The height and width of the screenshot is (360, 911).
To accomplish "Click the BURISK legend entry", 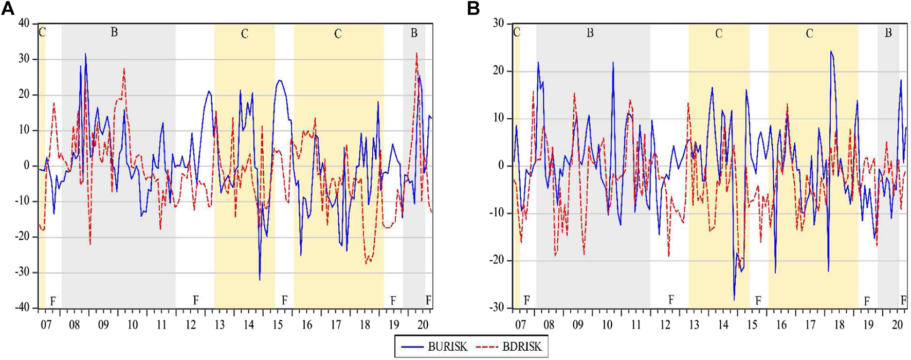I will pos(432,347).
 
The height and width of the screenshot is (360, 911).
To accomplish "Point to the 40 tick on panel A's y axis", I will pos(24,24).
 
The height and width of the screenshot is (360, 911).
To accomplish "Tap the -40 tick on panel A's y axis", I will pos(22,308).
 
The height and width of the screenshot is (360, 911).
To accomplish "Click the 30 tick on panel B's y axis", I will pos(498,24).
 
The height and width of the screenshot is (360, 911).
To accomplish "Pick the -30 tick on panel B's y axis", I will pos(496,308).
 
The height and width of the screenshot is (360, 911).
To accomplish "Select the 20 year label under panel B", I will pos(898,325).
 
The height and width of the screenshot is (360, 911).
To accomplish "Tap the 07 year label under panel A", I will pos(46,325).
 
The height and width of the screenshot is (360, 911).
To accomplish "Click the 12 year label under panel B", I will pos(665,325).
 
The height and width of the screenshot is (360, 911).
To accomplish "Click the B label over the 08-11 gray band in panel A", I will pos(114,33).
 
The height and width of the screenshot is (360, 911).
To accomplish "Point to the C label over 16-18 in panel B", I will pos(810,34).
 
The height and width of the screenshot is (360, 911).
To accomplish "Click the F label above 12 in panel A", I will pos(195,300).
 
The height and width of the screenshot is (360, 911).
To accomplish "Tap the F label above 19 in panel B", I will pos(867,301).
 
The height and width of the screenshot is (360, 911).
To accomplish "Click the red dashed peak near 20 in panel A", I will pos(416,53).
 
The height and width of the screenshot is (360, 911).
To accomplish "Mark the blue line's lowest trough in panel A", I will pos(260,280).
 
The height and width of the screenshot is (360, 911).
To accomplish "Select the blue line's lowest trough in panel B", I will pos(734,300).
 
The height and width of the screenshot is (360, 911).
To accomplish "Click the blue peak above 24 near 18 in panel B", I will pos(831,51).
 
